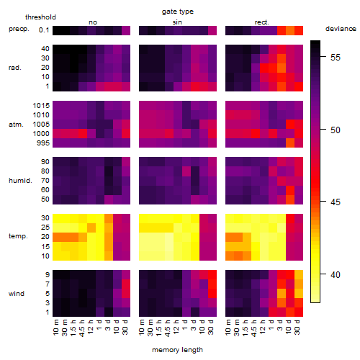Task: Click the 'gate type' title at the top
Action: tap(178, 12)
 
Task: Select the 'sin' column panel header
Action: tap(177, 22)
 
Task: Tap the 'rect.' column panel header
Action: tap(261, 22)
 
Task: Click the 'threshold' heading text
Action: tap(40, 17)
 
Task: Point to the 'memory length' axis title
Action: tap(177, 350)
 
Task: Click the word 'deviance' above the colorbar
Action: tap(341, 29)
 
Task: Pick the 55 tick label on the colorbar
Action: tap(336, 58)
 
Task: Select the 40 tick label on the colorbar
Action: tap(336, 274)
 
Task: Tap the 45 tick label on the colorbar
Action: tap(336, 202)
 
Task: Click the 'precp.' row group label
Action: tap(19, 29)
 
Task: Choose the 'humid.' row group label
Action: tap(20, 180)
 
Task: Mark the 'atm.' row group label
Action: tap(16, 125)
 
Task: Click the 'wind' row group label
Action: tap(17, 294)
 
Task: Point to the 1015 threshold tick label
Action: tap(41, 106)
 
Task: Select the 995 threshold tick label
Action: tap(43, 143)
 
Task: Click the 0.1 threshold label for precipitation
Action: tap(44, 30)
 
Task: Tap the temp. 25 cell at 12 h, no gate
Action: tap(91, 228)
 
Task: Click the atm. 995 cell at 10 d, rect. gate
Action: tap(290, 143)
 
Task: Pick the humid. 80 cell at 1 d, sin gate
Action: tap(186, 171)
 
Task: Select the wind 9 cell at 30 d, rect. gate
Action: tap(299, 275)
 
